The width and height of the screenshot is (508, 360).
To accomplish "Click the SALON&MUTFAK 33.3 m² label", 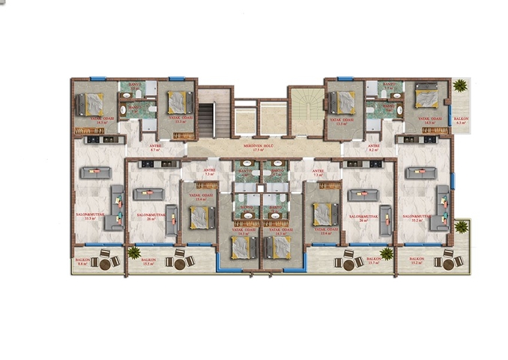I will pos(89,217).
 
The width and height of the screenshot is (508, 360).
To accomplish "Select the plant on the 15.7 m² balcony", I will pos(386,253).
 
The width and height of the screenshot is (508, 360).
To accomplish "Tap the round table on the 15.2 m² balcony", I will pos(448,262).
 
